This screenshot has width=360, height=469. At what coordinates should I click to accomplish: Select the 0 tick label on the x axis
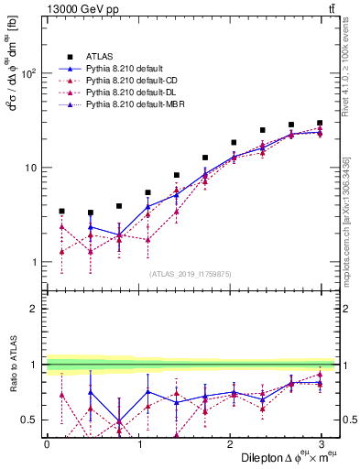click(47, 443)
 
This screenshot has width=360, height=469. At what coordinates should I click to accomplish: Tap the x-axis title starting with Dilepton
click(284, 457)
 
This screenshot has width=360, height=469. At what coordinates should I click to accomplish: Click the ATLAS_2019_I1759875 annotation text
click(191, 273)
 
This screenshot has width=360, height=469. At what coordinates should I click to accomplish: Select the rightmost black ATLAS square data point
click(320, 123)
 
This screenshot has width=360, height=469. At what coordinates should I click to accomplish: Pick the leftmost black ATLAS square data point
click(61, 211)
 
